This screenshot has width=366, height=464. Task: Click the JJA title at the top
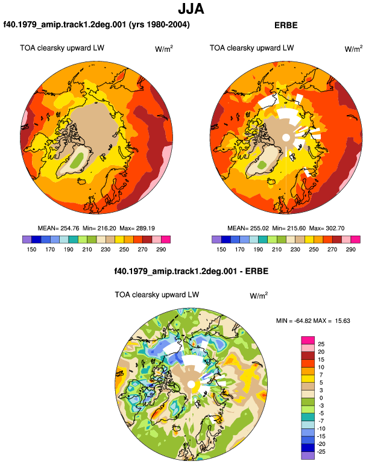[x=191, y=9]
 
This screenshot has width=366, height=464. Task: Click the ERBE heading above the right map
[x=286, y=25]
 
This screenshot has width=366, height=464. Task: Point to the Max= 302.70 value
[x=327, y=228]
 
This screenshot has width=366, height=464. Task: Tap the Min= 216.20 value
[x=99, y=228]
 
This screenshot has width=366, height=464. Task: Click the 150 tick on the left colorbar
[x=31, y=249]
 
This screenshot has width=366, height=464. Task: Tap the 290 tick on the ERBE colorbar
[x=350, y=249]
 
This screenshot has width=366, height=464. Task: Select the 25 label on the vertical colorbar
[x=321, y=344]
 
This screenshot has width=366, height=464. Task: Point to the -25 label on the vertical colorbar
[x=321, y=452]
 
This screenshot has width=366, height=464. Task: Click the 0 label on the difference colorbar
[x=321, y=398]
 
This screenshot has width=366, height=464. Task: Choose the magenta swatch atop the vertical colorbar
[x=308, y=340]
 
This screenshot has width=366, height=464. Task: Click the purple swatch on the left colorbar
[x=27, y=239]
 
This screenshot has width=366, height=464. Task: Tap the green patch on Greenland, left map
[x=77, y=160]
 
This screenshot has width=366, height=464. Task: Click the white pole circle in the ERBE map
[x=286, y=137]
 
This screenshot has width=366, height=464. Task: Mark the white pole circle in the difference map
[x=191, y=384]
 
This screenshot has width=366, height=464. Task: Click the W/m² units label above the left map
[x=164, y=49]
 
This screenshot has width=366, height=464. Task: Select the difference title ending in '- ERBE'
[x=191, y=271]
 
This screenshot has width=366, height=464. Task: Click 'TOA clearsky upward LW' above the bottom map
[x=157, y=295]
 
